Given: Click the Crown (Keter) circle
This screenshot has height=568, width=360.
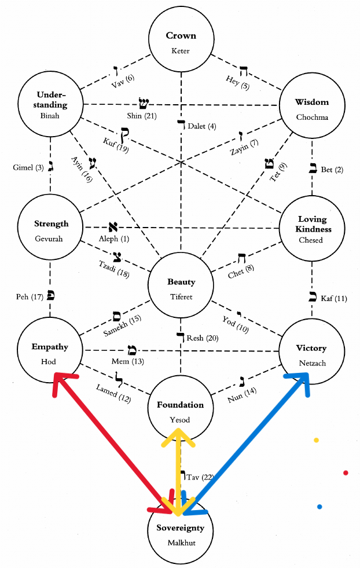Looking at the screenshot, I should pyautogui.click(x=181, y=42).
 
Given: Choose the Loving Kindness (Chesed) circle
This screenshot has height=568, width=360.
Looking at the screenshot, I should pyautogui.click(x=312, y=228).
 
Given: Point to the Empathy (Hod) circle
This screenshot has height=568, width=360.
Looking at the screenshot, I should pyautogui.click(x=50, y=352).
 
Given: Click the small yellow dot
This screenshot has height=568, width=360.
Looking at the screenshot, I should pyautogui.click(x=316, y=440).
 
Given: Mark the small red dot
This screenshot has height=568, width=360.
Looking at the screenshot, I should pyautogui.click(x=346, y=473).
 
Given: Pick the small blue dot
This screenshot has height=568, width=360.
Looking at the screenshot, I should pyautogui.click(x=319, y=507).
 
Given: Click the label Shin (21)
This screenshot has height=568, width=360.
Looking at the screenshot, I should pyautogui.click(x=139, y=116).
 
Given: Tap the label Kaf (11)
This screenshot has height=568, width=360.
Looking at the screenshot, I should pyautogui.click(x=333, y=299).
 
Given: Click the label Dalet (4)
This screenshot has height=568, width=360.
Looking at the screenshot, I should pyautogui.click(x=202, y=126).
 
